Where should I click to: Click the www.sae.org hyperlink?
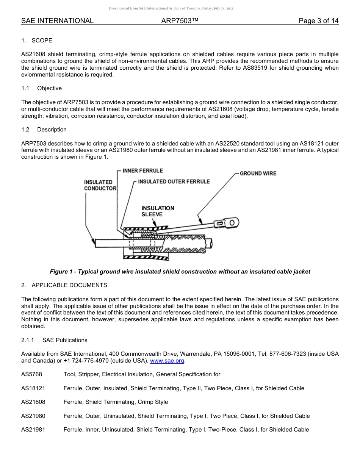[167, 361]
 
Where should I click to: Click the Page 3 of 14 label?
[318, 21]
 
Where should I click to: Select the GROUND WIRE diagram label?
[258, 174]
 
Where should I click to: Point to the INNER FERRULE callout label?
[142, 171]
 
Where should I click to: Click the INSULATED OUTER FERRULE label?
[174, 182]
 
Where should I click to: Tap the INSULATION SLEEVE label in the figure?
[158, 211]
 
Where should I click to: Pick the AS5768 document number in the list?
[31, 374]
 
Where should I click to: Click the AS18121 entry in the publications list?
[33, 388]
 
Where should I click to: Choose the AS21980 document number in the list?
[33, 416]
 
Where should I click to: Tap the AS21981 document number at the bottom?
[33, 430]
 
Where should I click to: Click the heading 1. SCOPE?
[37, 41]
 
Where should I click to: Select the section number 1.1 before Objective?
[25, 88]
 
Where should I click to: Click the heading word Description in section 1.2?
[52, 130]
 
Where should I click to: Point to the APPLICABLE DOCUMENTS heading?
[69, 285]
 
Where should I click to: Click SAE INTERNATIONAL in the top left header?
[57, 21]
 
